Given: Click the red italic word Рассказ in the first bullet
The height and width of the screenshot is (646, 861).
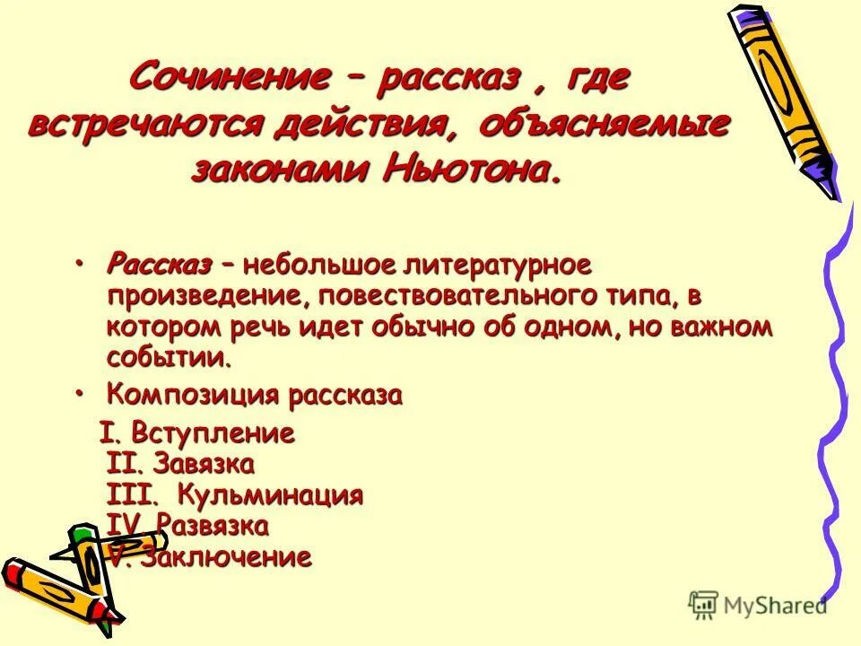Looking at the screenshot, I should [159, 265].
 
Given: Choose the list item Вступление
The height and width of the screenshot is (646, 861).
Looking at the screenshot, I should [213, 434].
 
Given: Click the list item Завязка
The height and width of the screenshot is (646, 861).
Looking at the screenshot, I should [204, 465].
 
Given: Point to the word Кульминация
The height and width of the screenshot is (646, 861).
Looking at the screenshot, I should [269, 495].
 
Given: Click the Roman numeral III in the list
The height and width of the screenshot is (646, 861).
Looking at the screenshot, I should [131, 495].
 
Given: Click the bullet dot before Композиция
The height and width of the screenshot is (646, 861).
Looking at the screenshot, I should [81, 393].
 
